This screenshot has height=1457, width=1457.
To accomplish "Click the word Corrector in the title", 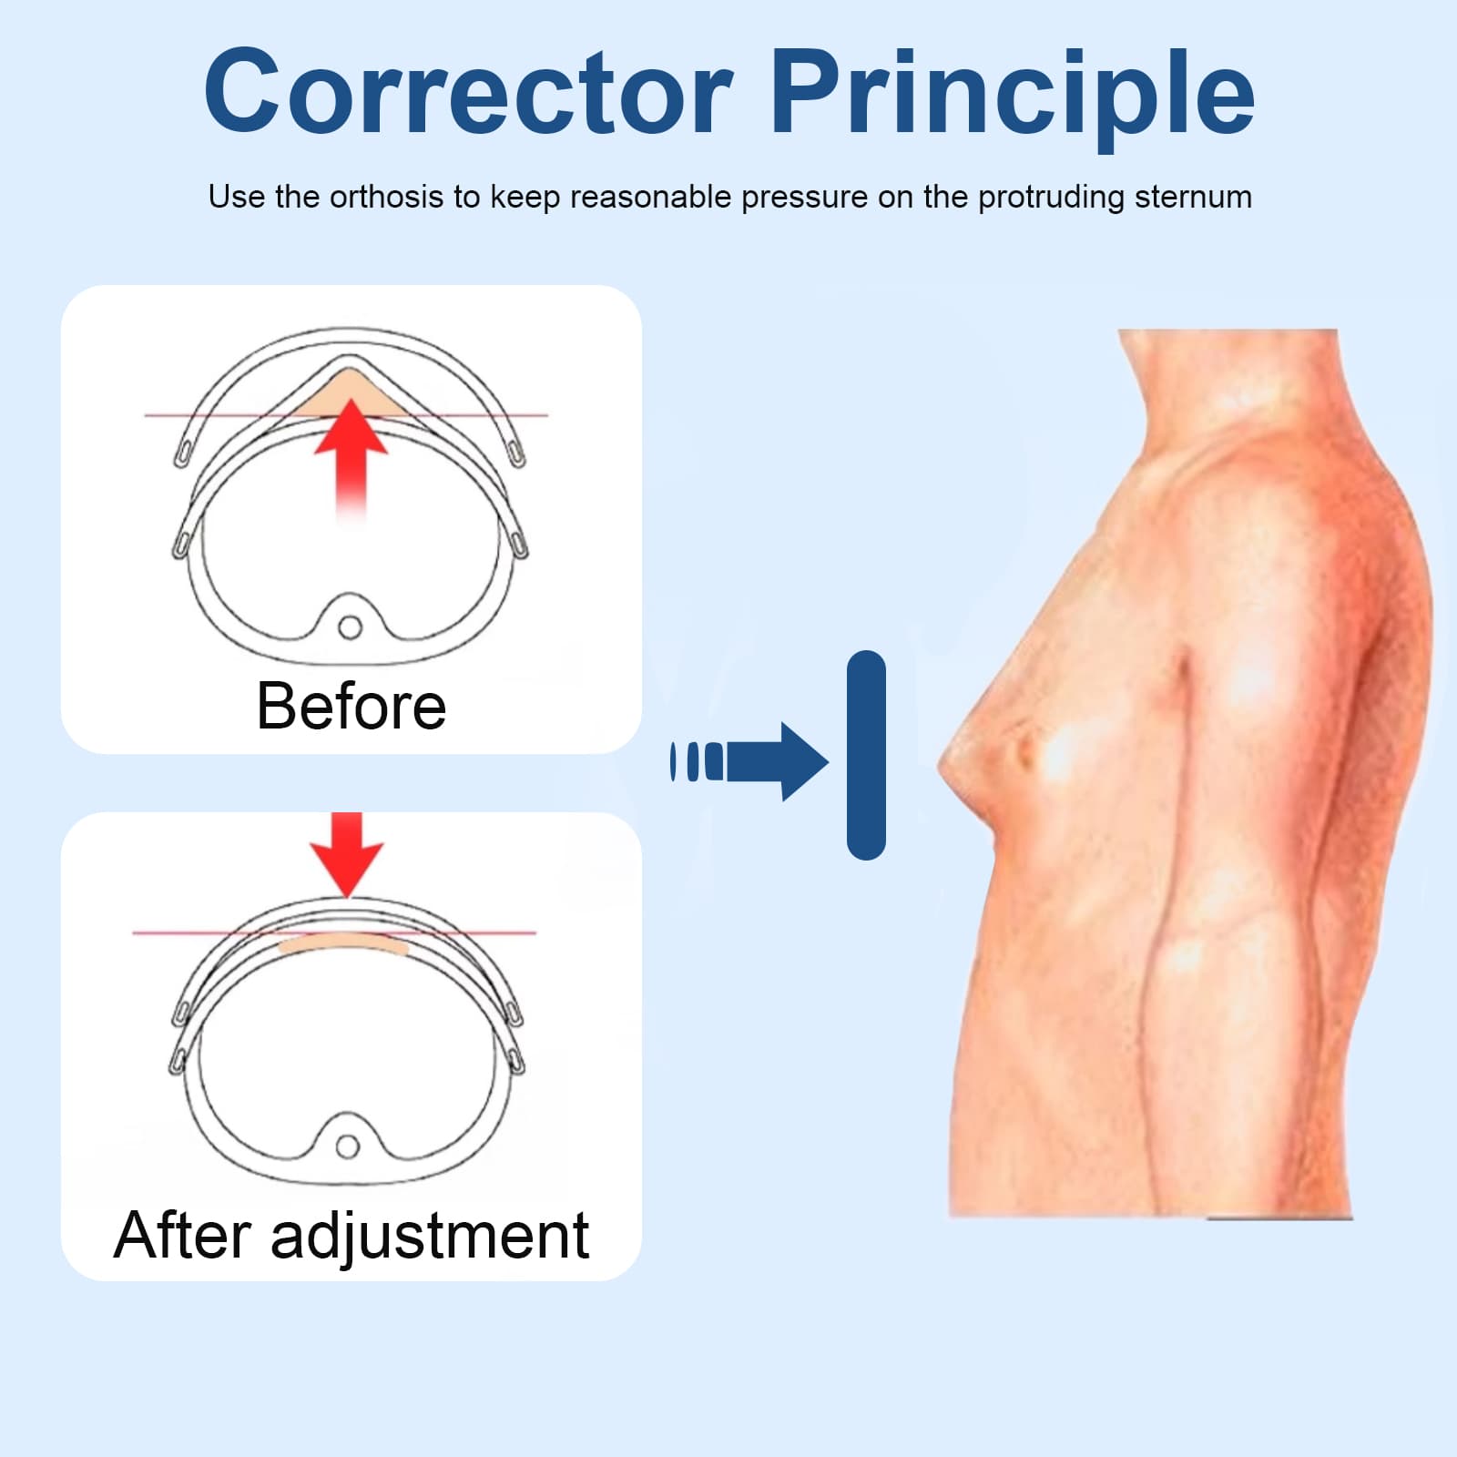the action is [x=468, y=91].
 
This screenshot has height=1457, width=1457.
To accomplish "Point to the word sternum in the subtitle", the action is [x=1193, y=197].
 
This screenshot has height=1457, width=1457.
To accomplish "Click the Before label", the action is [x=352, y=706].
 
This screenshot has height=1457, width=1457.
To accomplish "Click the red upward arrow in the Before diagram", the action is [x=352, y=469].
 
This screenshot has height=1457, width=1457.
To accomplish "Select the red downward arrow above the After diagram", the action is [x=347, y=854].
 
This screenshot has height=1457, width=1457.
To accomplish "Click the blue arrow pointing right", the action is [x=749, y=761].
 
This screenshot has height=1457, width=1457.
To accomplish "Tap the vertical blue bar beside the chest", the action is [x=866, y=755].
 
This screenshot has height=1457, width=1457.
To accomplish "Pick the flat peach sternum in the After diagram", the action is [x=343, y=944].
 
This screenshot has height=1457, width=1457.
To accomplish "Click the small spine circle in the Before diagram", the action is [x=351, y=627].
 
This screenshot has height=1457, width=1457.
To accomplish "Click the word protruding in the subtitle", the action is [x=1051, y=199].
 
